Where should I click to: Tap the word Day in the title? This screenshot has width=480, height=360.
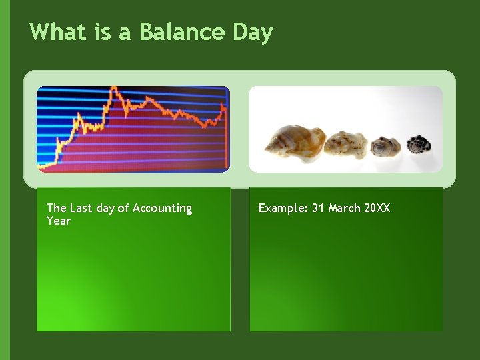(253, 33)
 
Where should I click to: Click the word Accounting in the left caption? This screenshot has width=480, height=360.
(162, 209)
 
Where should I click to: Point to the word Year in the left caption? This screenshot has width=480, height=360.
(58, 221)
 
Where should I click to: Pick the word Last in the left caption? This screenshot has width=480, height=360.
(81, 208)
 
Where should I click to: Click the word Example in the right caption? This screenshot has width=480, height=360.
(283, 209)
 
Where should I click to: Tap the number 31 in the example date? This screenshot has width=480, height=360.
(318, 208)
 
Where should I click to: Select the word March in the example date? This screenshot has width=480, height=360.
(344, 208)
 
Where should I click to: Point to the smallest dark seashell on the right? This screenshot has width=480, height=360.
(419, 143)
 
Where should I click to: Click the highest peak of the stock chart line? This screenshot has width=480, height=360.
(115, 88)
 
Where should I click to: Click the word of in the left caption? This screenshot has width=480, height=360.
(123, 208)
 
